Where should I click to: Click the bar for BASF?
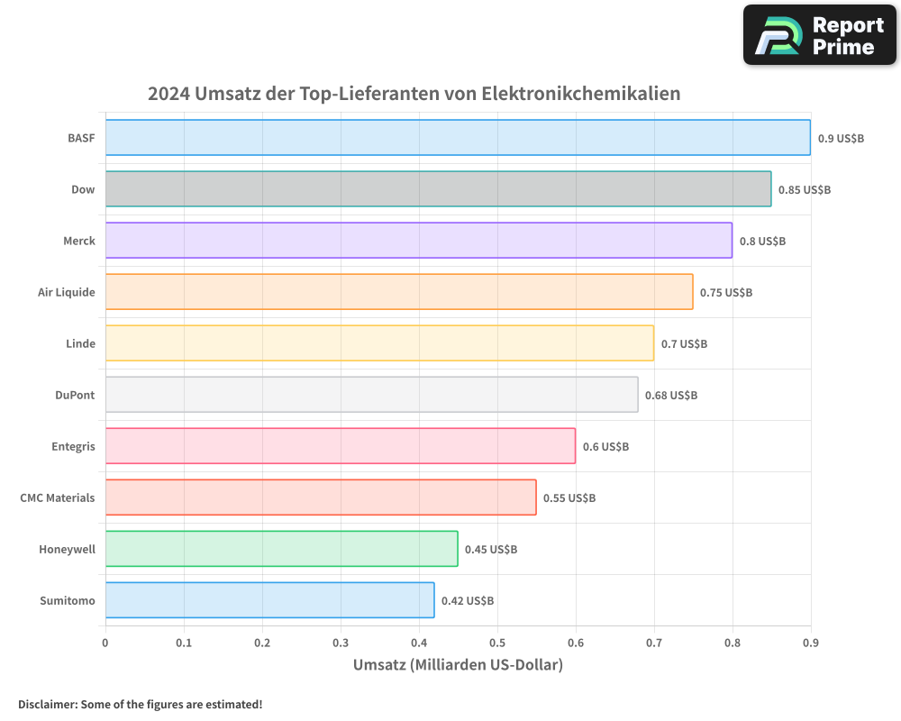[458, 138]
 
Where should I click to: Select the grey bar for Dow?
[438, 189]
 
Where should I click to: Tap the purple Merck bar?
[418, 241]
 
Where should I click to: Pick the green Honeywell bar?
[281, 549]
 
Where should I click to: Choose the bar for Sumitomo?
[269, 600]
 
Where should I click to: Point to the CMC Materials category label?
[58, 497]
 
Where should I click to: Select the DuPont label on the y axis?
[75, 395]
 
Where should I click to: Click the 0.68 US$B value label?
[671, 396]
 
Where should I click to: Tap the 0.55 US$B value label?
[569, 498]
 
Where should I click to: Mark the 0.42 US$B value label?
[468, 601]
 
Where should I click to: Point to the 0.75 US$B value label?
[726, 293]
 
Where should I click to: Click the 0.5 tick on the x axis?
[497, 643]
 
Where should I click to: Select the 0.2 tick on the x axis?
[262, 643]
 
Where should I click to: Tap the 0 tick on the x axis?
[105, 643]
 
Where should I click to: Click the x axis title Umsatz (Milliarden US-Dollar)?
[458, 665]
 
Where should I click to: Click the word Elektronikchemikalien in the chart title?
[581, 94]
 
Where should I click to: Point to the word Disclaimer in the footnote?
[47, 704]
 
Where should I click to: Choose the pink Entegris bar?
[340, 446]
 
